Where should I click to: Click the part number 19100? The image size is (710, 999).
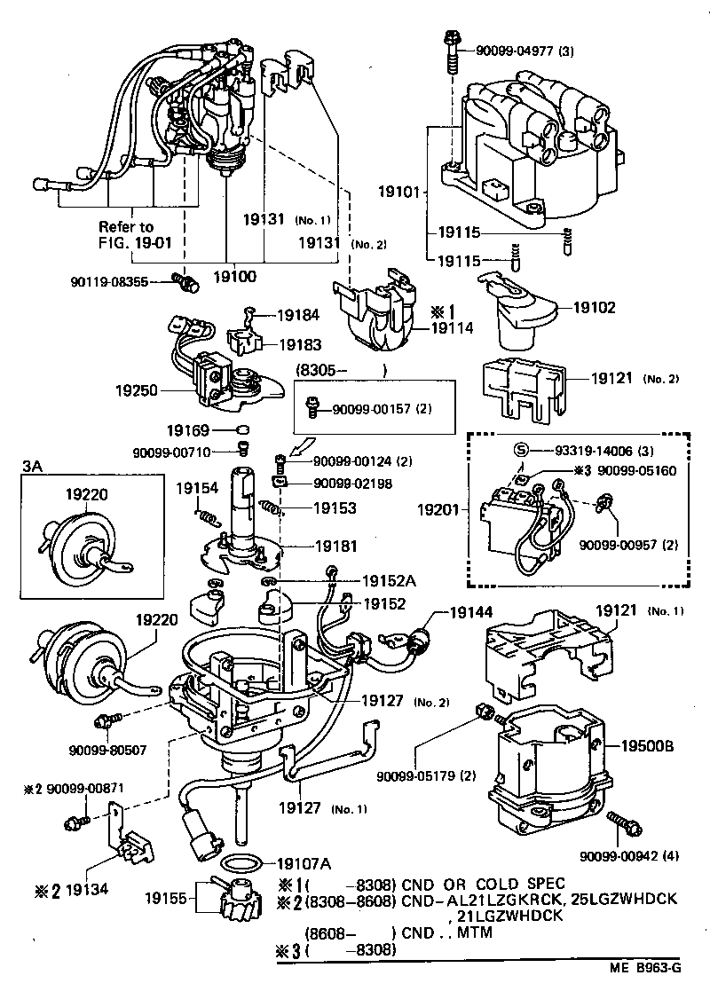pos(234,277)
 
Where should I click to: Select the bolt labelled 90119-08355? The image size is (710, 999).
pos(186,282)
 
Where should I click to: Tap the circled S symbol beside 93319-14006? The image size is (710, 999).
pos(522,452)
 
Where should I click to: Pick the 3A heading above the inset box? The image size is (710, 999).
pos(32,465)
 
